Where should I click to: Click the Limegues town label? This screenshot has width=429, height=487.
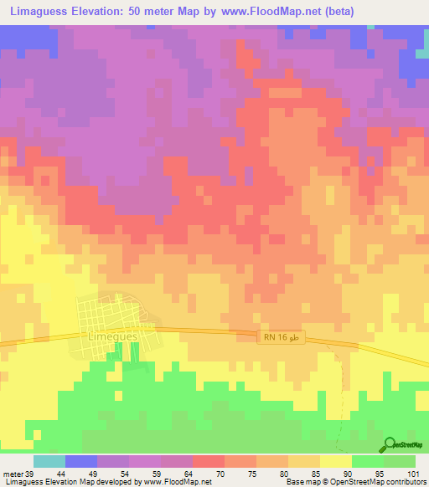[x=112, y=336]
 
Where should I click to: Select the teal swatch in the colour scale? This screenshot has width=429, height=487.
[x=49, y=461]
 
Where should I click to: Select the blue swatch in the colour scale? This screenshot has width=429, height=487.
[x=81, y=461]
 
